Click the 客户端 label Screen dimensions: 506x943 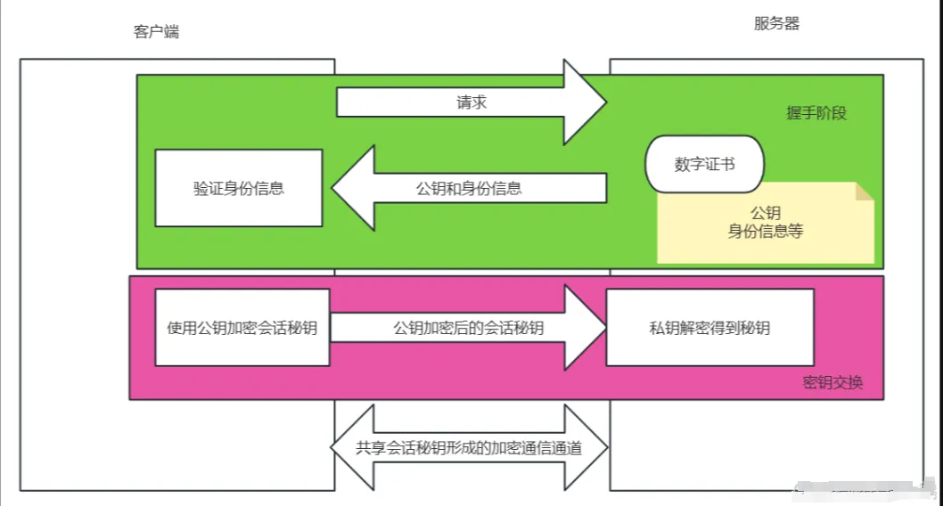click(x=157, y=32)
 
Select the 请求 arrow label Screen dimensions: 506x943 click(x=471, y=102)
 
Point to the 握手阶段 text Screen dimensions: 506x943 click(x=816, y=113)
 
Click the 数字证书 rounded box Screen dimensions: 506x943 click(x=705, y=164)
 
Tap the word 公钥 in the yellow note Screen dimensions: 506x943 click(x=765, y=214)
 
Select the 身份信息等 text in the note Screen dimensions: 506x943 click(x=765, y=232)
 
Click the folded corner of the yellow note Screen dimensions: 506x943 click(x=864, y=192)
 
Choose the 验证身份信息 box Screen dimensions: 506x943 click(x=238, y=188)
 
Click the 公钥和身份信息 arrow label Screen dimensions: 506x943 click(x=469, y=188)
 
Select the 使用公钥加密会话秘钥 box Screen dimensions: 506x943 click(x=242, y=327)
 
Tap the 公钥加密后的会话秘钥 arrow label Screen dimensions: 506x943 click(x=468, y=328)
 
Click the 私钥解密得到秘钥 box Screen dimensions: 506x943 click(x=709, y=328)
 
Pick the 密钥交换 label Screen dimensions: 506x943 click(x=832, y=384)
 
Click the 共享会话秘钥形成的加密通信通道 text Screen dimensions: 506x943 click(x=469, y=448)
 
